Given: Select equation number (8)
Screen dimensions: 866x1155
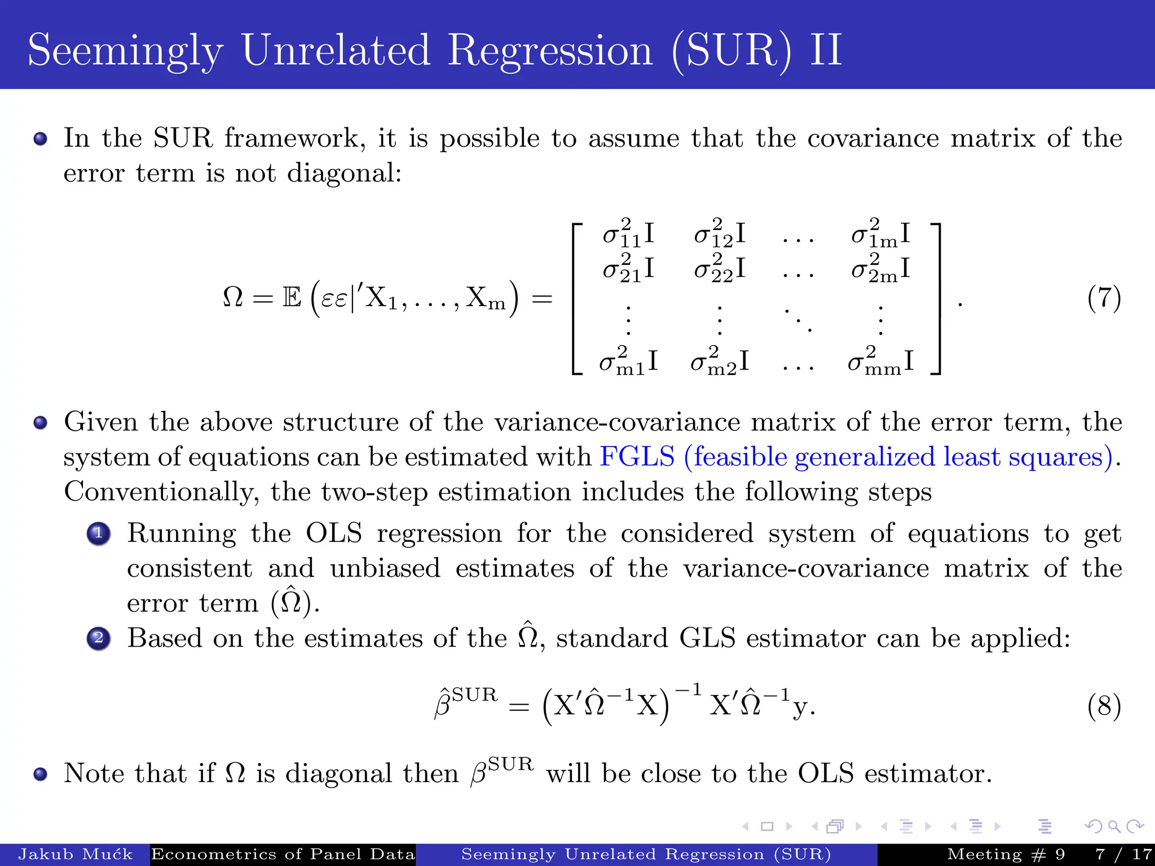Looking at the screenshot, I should coord(1104,706).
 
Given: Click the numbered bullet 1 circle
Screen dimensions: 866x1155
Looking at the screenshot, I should coord(99,533).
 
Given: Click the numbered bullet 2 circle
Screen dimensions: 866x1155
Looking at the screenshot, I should coord(99,638).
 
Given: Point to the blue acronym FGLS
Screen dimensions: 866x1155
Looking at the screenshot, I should coord(637,457).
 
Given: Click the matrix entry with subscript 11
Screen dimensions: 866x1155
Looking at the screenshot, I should coord(628,233).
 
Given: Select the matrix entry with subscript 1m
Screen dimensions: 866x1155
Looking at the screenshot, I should coord(880,233).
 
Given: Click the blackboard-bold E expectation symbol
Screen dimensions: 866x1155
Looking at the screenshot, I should coord(292,298).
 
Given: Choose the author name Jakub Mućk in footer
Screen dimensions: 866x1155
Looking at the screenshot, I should coord(75,854).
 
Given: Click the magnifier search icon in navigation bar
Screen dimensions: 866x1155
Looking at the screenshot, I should coord(1114,827).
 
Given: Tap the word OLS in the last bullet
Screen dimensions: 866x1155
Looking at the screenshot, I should coord(826,773).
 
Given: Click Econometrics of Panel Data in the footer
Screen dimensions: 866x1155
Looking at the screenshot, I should coord(283,854).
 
